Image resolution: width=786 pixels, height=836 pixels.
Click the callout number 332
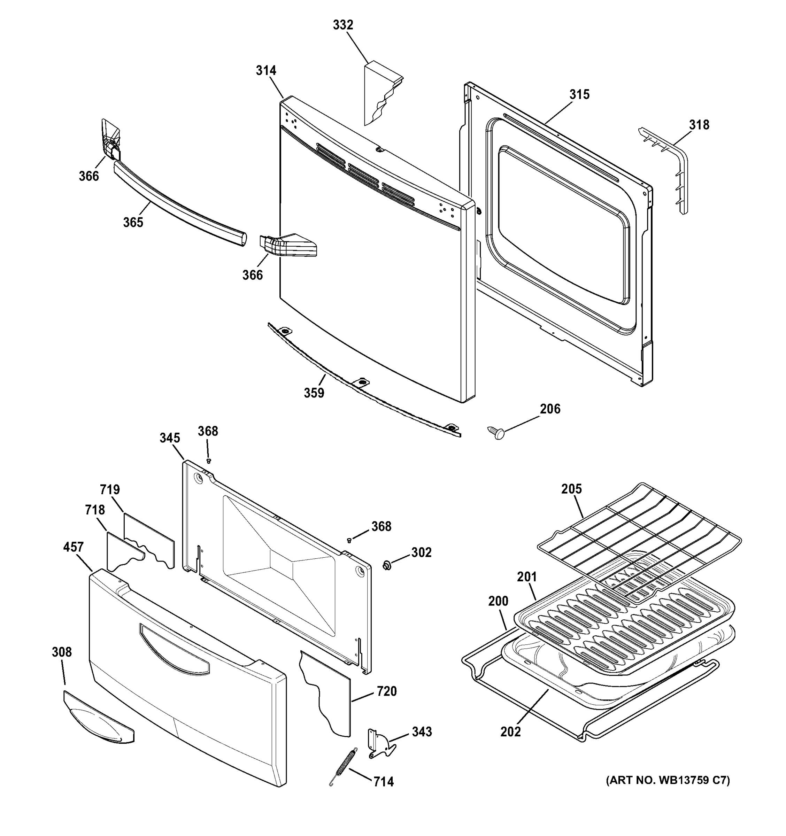343,25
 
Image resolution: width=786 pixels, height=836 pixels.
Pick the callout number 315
579,95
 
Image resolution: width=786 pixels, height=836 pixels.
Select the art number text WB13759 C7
668,781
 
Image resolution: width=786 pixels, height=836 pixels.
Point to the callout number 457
73,547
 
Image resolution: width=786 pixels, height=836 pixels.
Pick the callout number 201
526,577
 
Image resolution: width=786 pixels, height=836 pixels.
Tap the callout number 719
110,489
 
